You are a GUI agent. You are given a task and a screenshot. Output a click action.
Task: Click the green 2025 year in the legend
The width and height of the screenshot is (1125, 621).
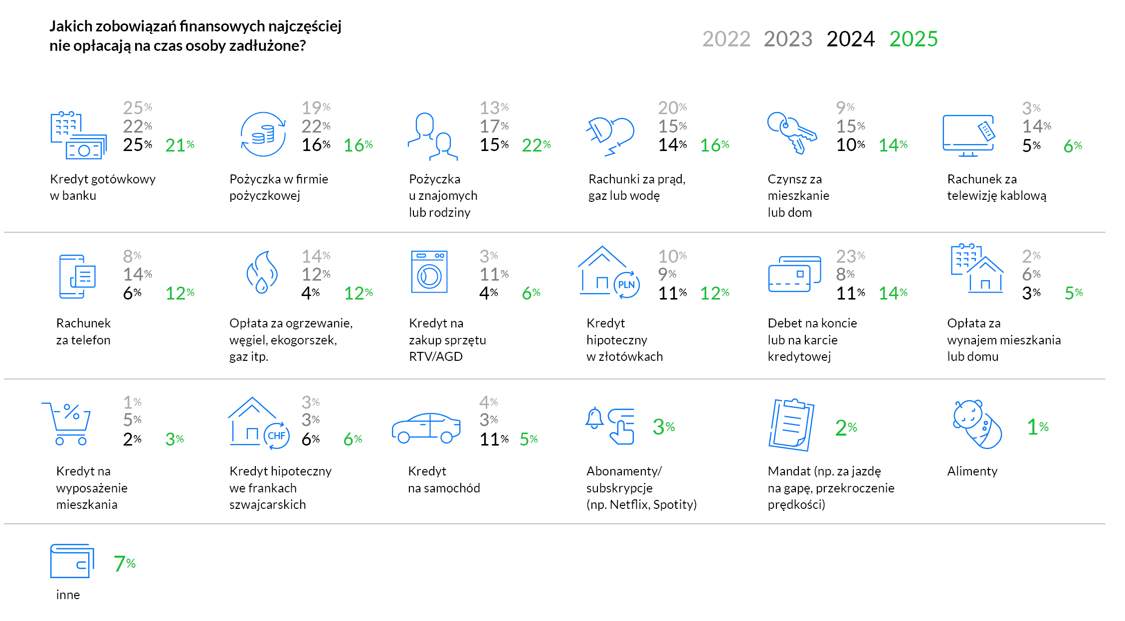point(914,39)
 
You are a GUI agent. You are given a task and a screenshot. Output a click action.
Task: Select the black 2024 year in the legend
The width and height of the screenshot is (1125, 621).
point(850,39)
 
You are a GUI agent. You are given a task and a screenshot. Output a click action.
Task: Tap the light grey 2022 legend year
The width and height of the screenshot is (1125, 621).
point(726,39)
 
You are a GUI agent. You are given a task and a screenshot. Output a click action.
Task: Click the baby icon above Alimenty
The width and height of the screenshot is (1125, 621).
point(976,424)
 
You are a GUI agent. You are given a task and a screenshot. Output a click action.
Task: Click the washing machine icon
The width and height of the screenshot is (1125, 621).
point(429,272)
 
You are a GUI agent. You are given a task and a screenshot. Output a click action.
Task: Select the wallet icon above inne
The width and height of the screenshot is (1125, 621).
point(72,561)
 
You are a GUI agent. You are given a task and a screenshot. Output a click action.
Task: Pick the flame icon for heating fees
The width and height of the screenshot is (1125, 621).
point(262,272)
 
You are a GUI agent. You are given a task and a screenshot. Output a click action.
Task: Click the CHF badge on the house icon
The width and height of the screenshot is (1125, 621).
point(276,436)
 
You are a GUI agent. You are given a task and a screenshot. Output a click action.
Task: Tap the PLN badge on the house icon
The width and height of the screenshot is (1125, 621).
point(626,285)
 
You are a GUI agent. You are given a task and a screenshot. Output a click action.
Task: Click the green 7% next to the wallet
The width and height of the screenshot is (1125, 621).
point(124,564)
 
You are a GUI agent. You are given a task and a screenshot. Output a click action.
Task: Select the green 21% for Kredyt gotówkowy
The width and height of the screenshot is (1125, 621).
point(180,145)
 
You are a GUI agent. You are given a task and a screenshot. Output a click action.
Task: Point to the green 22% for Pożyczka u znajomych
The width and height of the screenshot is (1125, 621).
point(536,145)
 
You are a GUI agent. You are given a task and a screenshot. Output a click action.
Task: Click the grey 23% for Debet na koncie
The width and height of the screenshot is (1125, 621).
point(850,256)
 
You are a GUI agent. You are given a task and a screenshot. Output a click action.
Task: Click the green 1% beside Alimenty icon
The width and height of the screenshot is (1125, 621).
point(1037,427)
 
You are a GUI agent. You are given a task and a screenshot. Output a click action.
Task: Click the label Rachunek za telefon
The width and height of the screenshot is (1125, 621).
point(83,331)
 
